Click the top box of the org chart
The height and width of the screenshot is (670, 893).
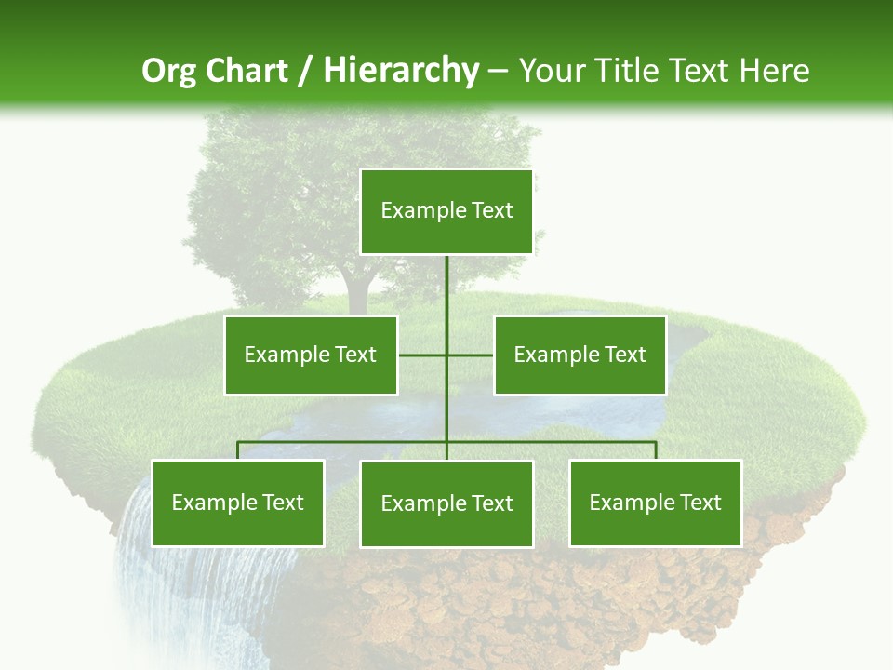coord(446,211)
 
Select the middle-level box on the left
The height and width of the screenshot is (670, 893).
coord(311,355)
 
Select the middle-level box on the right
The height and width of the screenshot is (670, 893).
coord(580,355)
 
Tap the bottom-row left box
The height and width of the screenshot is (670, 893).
coord(237,502)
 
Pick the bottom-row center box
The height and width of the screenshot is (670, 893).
coord(446,503)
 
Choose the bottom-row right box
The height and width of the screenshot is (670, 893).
coord(655,502)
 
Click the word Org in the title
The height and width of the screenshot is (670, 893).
coord(168,71)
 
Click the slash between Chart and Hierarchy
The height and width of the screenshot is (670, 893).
coord(307,71)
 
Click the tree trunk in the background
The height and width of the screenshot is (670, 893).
coord(358,284)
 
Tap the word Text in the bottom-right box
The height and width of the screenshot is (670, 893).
coord(699,502)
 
